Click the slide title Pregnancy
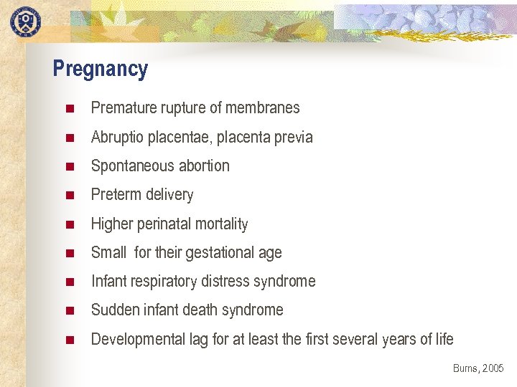[101, 70]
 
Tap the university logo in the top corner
[26, 21]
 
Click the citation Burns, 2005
[478, 368]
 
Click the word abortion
[204, 166]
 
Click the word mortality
[222, 224]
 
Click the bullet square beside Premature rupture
[70, 109]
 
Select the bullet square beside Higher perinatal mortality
[70, 224]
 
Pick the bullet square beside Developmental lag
[70, 340]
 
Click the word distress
[231, 282]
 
